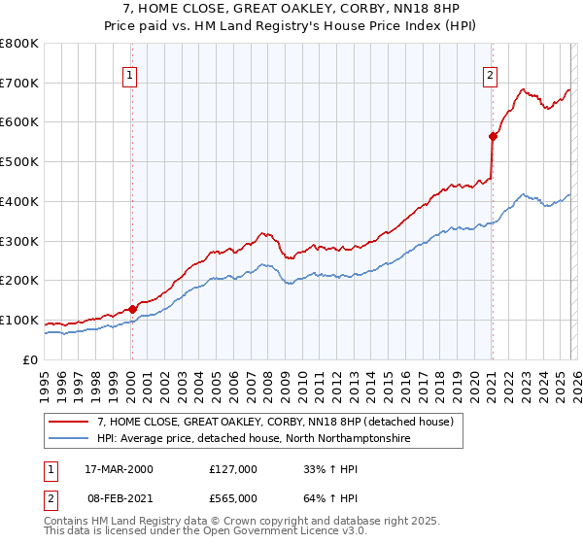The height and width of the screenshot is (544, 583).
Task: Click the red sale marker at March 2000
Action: (132, 309)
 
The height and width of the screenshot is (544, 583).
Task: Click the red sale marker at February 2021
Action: (493, 137)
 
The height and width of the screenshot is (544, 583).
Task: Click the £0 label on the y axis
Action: (30, 359)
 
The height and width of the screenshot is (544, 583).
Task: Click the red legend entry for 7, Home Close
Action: (272, 422)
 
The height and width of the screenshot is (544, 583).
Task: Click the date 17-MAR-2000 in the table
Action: (119, 469)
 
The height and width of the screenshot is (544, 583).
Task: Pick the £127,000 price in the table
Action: (233, 469)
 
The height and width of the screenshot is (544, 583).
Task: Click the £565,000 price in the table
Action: (233, 497)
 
